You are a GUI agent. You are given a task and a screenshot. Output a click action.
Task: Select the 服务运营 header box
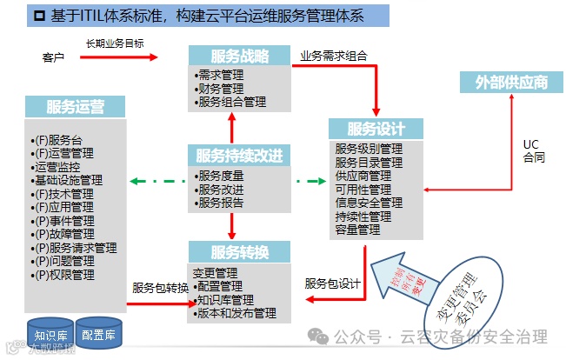[76, 107]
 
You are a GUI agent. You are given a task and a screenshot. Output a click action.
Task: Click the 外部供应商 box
[511, 83]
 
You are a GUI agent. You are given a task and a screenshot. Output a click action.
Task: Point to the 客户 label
[54, 57]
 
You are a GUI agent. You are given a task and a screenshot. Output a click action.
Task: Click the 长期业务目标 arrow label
[115, 43]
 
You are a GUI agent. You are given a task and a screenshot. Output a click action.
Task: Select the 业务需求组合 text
[334, 55]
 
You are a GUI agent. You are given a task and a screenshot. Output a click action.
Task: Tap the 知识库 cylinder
[49, 332]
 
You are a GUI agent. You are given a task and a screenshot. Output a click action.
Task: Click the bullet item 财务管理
[220, 88]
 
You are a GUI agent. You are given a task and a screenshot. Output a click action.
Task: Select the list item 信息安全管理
[369, 203]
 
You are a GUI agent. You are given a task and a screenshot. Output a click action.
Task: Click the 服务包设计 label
[332, 283]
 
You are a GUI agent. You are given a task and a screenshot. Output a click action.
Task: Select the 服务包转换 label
[160, 288]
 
